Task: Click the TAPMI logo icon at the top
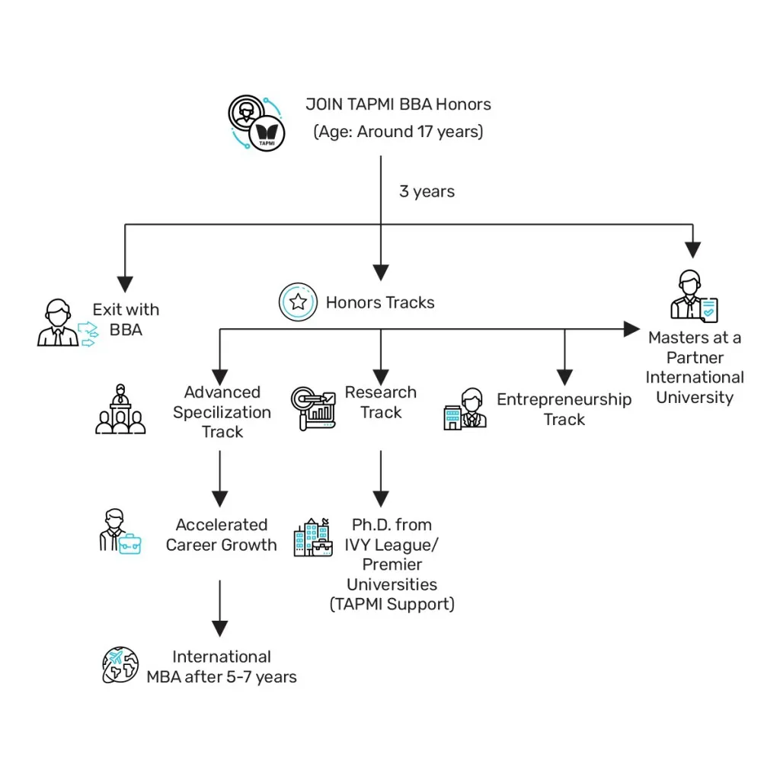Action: (x=257, y=123)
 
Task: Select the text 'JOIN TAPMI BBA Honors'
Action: (x=398, y=104)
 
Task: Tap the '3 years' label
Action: (x=427, y=191)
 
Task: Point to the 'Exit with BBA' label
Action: (x=126, y=319)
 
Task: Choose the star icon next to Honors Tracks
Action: (x=298, y=302)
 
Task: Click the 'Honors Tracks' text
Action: (x=380, y=302)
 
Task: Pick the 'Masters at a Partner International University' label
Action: (x=695, y=367)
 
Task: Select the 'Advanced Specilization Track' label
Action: (x=222, y=412)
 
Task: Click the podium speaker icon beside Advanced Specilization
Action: (x=120, y=411)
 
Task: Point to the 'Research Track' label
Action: (x=381, y=402)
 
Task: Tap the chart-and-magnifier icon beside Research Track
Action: (x=313, y=409)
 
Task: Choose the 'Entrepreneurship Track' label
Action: (x=564, y=409)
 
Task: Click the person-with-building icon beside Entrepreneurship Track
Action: (x=465, y=410)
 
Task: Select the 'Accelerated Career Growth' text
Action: (x=221, y=535)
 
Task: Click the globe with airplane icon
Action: (x=121, y=665)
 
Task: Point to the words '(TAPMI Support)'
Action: (x=392, y=604)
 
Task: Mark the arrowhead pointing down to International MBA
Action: (x=219, y=628)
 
